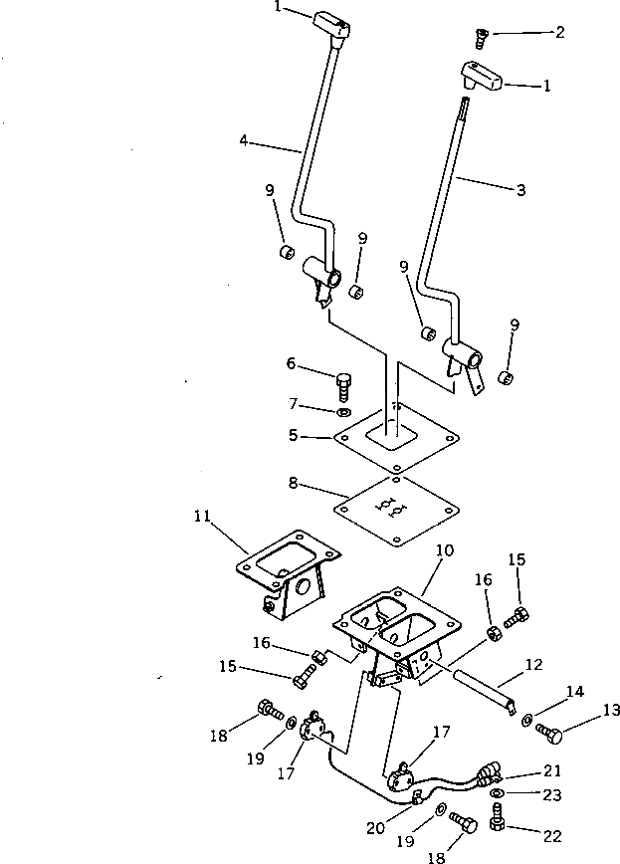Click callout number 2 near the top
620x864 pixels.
tap(560, 32)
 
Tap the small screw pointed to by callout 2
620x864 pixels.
tap(482, 39)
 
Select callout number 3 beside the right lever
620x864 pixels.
tap(520, 189)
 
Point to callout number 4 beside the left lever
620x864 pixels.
tap(243, 140)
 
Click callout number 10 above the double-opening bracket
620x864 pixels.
tap(444, 548)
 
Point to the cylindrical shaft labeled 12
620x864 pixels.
tap(483, 689)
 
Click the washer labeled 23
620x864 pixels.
tap(499, 793)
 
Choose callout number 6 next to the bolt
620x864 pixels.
tap(292, 365)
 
